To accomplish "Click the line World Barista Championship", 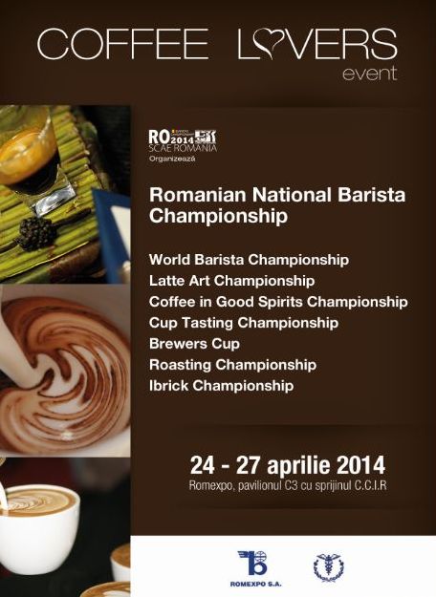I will (x=249, y=259).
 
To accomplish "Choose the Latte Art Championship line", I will (x=231, y=281).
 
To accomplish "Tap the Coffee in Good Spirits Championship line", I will (x=278, y=302).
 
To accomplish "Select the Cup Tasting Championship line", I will (x=244, y=323).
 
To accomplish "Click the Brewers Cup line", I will (x=194, y=344).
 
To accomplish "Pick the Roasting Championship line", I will (x=232, y=365).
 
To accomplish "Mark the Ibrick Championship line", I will (x=221, y=386).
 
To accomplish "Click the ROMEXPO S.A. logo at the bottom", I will (x=253, y=566).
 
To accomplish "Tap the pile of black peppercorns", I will (x=38, y=232).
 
